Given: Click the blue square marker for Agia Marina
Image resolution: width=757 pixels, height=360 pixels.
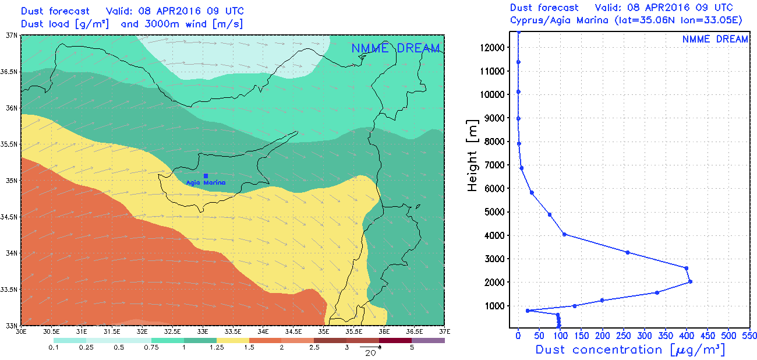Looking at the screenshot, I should pos(206,175).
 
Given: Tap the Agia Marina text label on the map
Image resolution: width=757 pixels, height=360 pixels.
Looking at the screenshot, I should pos(206,183).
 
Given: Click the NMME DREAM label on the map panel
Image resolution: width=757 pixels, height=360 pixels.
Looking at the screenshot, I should pos(395,48).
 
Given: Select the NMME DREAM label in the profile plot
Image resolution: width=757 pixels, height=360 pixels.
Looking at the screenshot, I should pos(715,39).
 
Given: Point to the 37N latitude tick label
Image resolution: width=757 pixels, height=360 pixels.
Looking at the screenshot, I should pos(10,36).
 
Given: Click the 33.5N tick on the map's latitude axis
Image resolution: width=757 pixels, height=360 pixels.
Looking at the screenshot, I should pos(9,290).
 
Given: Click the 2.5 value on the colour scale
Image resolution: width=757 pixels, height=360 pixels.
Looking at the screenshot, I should pos(313,348).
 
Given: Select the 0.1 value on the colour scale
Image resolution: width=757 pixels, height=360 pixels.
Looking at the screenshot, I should pos(54,348).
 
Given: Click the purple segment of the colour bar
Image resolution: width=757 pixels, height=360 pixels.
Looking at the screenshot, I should pos(428,340).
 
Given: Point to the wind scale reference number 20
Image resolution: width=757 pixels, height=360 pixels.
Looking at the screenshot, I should pos(368,353).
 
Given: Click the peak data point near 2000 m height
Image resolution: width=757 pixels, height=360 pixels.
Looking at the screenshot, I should pos(690,282).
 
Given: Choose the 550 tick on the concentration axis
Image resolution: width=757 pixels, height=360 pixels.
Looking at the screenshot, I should pos(749,337).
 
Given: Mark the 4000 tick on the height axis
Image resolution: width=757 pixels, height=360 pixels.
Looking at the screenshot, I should pos(496,235).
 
